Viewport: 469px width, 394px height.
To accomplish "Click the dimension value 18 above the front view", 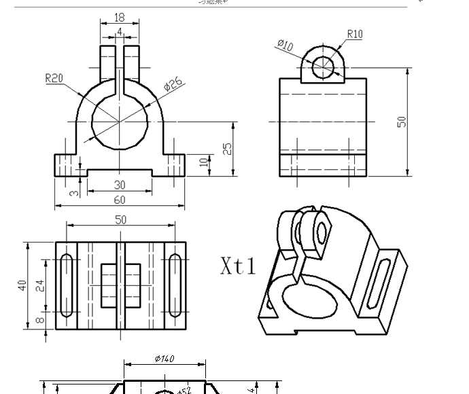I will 120,17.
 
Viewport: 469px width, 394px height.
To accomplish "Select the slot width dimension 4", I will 120,31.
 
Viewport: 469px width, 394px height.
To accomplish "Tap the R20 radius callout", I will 54,78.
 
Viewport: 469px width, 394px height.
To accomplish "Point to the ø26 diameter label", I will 174,85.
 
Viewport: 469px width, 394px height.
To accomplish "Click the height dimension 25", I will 228,148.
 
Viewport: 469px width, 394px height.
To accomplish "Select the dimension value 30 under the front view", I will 120,185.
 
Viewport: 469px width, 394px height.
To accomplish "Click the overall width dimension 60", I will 120,200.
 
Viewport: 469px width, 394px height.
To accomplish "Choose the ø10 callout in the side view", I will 285,46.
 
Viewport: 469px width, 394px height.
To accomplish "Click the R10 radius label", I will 355,34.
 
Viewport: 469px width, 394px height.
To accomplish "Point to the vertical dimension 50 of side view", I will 402,122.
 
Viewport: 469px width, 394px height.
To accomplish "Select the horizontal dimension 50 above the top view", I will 120,219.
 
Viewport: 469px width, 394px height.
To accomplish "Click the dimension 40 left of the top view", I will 22,285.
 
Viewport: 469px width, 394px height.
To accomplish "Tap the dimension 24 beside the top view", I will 39,285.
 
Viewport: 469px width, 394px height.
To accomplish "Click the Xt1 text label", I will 238,266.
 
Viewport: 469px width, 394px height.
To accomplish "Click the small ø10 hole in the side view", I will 324,66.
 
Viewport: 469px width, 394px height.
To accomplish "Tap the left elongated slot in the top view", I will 67,285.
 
